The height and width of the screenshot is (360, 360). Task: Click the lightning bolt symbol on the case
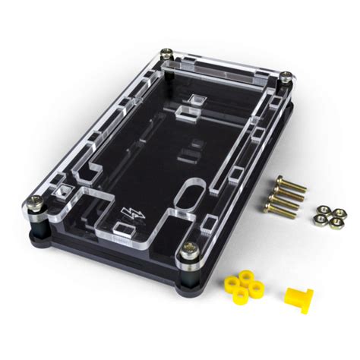click(x=131, y=210)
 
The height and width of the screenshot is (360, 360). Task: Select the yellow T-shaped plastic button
click(x=297, y=298)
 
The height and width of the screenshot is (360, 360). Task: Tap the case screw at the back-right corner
click(x=286, y=76)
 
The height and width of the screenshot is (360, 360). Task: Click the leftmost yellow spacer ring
click(x=229, y=284)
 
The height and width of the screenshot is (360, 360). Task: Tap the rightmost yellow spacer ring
click(x=255, y=286)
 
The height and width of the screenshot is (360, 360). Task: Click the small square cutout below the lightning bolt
click(x=122, y=229)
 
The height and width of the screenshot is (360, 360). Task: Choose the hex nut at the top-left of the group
click(x=321, y=207)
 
